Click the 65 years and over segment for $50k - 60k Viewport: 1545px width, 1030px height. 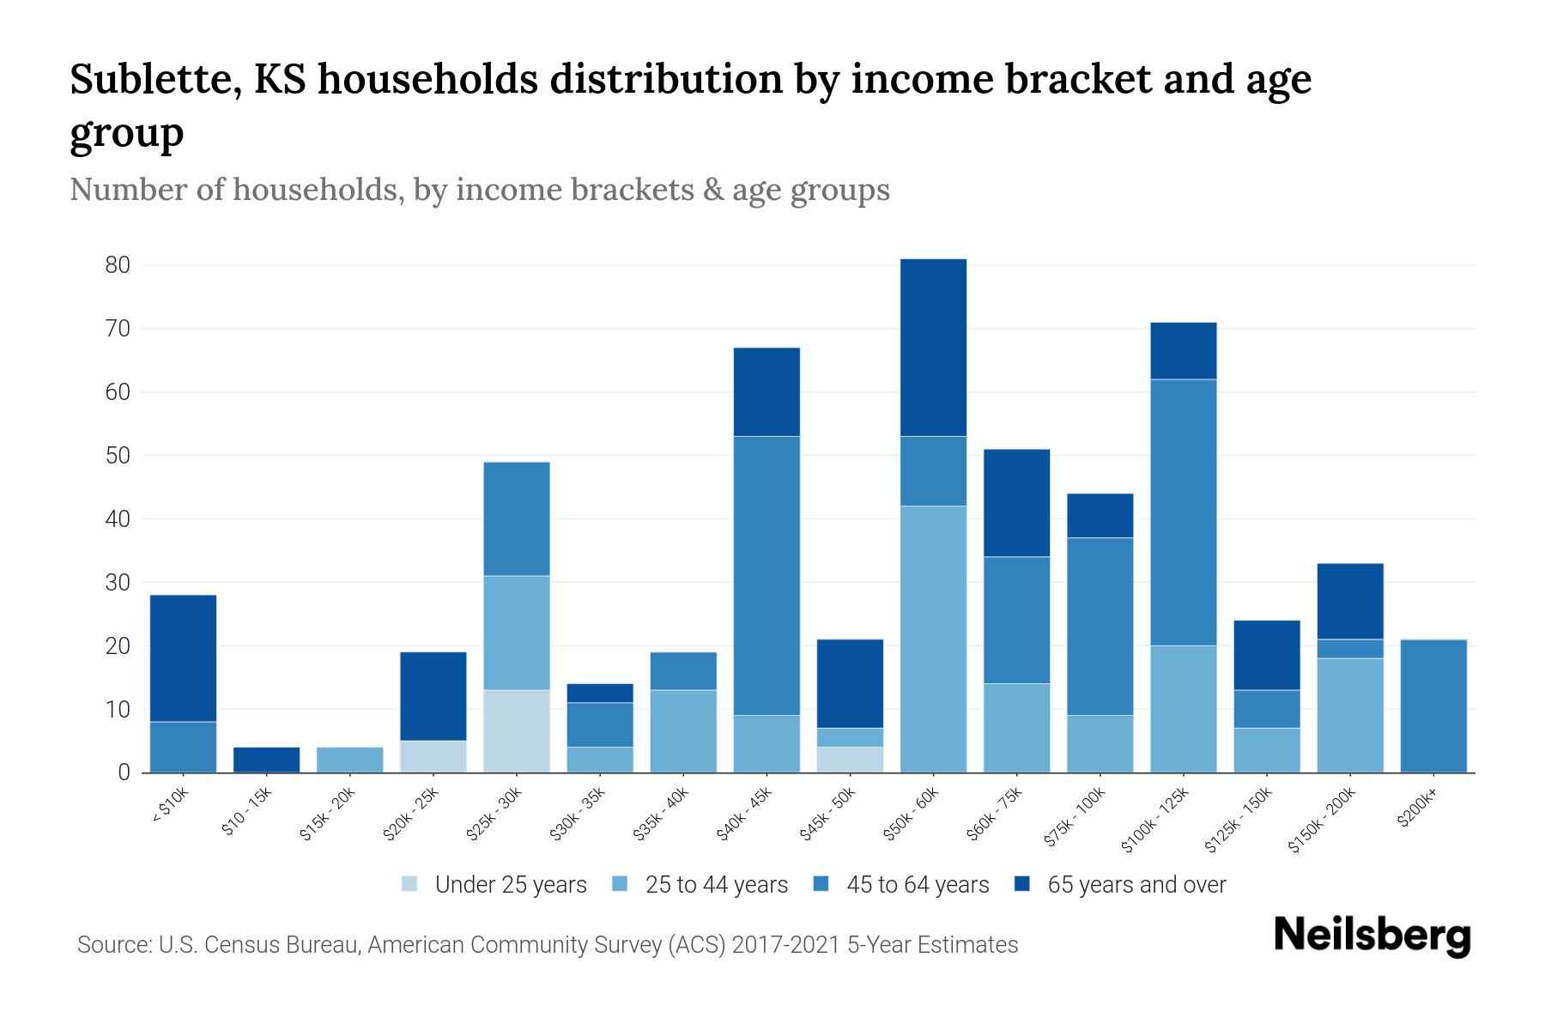[933, 348]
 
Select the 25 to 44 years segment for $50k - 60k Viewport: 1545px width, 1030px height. [933, 639]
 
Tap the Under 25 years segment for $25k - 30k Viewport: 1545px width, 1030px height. [517, 731]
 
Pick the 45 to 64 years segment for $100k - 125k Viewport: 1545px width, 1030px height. [1184, 512]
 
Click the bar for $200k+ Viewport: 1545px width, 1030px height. [1433, 706]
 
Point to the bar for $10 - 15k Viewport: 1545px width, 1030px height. [267, 760]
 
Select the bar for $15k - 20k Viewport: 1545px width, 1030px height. [350, 760]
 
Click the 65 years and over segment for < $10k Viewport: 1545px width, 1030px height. [183, 658]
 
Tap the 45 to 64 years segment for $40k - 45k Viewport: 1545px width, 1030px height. [766, 576]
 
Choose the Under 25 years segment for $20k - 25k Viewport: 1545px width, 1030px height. [433, 756]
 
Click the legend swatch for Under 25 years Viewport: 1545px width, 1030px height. [410, 884]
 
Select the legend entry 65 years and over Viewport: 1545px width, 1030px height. [1136, 885]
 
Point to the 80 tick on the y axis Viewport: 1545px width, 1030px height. [118, 265]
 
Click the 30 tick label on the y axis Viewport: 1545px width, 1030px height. [118, 583]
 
